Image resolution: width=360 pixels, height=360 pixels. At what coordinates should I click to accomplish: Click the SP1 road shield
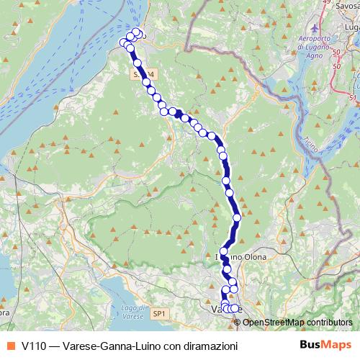click(x=159, y=314)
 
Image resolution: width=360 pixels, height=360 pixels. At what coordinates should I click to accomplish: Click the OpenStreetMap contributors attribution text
click(x=298, y=322)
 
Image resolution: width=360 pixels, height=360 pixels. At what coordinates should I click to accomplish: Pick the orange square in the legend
click(x=10, y=346)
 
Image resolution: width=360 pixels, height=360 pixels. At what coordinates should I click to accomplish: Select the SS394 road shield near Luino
click(x=143, y=74)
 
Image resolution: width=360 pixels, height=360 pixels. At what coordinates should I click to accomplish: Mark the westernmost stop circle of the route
click(x=124, y=43)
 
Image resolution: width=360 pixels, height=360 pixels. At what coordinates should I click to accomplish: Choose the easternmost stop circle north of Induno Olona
click(x=238, y=217)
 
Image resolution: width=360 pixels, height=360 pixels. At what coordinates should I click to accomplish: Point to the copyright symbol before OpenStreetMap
click(x=238, y=322)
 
